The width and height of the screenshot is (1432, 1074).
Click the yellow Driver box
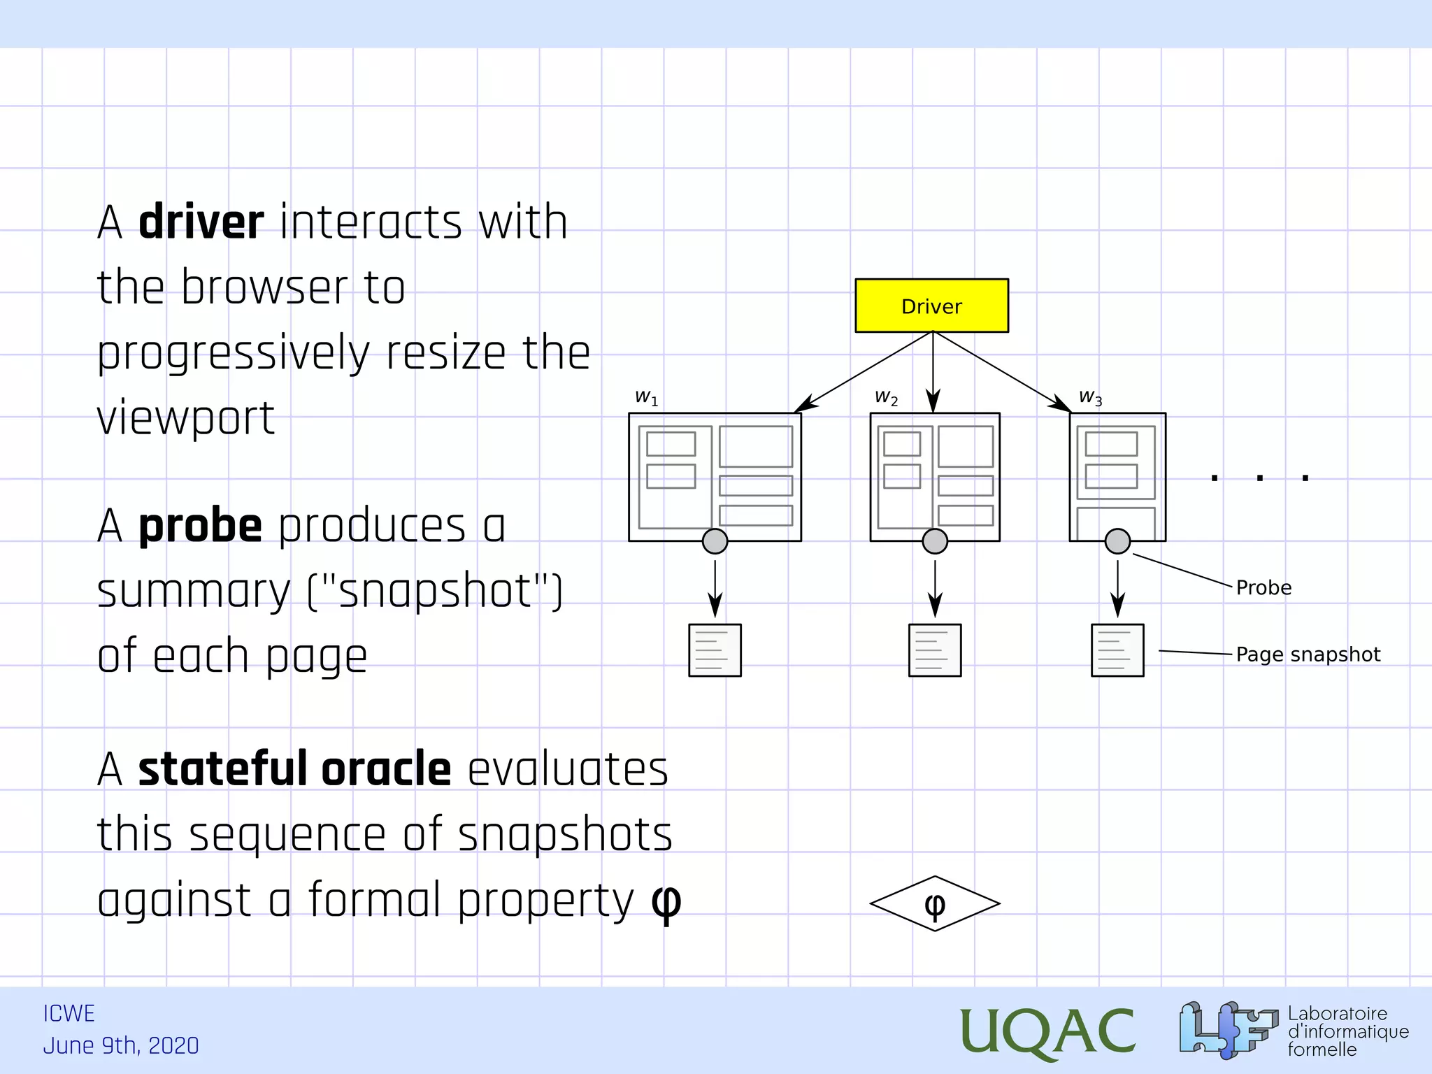(x=931, y=306)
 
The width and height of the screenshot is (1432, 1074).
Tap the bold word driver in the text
(x=201, y=222)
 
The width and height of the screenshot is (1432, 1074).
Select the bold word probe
(x=200, y=526)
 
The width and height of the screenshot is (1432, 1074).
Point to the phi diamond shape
(x=934, y=903)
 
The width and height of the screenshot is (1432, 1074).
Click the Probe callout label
(x=1263, y=587)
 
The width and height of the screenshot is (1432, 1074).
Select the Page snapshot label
(x=1308, y=654)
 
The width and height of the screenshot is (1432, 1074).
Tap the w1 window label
(x=646, y=398)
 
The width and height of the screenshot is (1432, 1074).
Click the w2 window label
(x=886, y=398)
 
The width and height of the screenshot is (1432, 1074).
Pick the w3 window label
(x=1090, y=398)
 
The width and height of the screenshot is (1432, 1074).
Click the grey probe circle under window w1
(x=715, y=541)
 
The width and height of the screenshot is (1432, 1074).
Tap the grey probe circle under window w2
(x=935, y=541)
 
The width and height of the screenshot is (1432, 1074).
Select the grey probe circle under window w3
(x=1117, y=541)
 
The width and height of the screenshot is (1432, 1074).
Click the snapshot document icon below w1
(x=715, y=650)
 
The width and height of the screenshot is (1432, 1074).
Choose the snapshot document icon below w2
(x=935, y=650)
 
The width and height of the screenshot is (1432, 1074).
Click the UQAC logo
(x=1047, y=1031)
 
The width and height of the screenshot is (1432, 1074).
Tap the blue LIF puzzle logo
(x=1227, y=1029)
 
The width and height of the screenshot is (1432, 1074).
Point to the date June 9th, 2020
(x=121, y=1046)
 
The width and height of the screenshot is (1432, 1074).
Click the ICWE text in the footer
(x=69, y=1014)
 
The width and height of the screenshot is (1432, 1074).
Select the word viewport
(x=185, y=418)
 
